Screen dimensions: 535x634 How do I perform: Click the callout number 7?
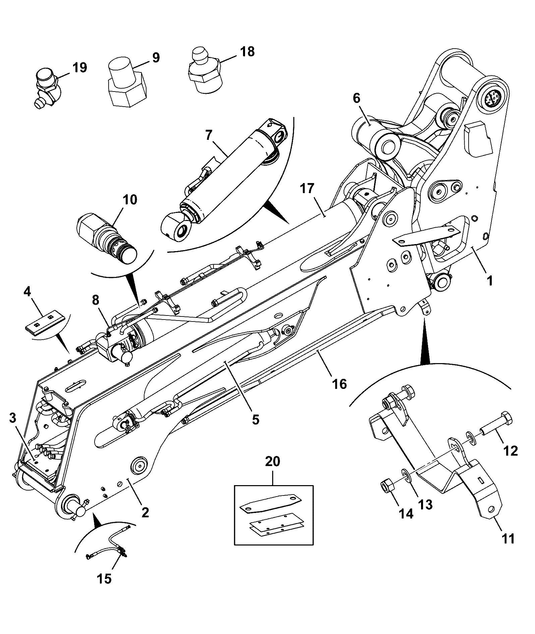[209, 135]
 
